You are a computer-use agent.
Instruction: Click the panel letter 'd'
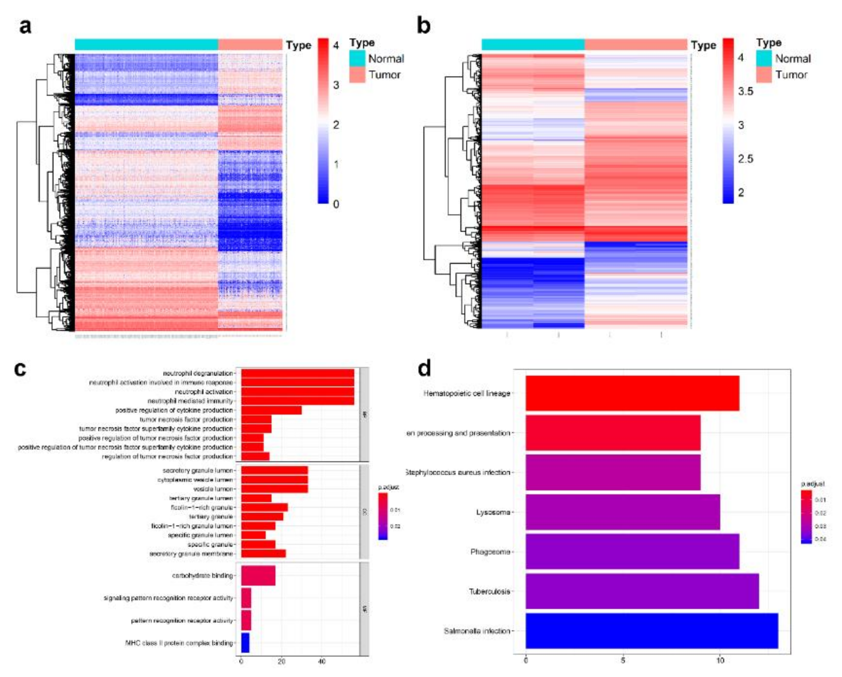coord(425,369)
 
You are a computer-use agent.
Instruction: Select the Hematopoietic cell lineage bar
coord(632,393)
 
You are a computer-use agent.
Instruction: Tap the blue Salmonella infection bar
coord(651,631)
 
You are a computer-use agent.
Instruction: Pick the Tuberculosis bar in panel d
coord(642,591)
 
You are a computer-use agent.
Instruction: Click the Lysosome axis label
coord(493,512)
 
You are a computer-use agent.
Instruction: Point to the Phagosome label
coord(490,552)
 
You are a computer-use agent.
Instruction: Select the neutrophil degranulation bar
coord(297,373)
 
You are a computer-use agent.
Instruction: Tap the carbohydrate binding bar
coord(258,576)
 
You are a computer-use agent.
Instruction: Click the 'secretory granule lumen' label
coord(198,470)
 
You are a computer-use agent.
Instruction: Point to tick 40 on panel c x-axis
coord(321,662)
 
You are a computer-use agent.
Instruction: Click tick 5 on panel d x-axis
coord(623,660)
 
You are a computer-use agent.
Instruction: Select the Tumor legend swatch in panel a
coord(357,75)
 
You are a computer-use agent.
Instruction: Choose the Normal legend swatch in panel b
coord(764,58)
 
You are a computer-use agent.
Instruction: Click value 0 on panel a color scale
coord(336,204)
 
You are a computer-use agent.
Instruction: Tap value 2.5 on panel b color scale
coord(745,159)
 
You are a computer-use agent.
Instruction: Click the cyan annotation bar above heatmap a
coord(146,45)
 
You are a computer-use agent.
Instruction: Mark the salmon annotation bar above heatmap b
coord(636,45)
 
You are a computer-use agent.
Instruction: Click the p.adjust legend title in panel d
coord(813,484)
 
